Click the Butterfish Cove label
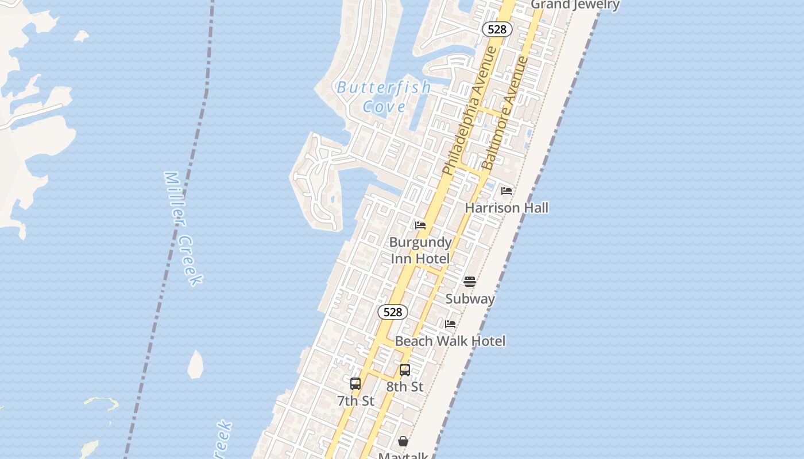click(384, 96)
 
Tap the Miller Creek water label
click(183, 228)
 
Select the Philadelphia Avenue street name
click(470, 111)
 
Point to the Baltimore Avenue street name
click(505, 112)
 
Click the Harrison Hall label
click(507, 208)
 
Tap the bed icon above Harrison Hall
click(507, 191)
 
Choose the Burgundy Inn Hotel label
click(420, 250)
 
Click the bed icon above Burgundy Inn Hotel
click(420, 225)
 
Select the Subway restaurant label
click(470, 298)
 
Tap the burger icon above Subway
click(470, 281)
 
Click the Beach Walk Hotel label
click(450, 341)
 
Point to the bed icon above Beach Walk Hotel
click(450, 324)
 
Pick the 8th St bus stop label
click(405, 387)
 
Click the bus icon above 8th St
click(405, 370)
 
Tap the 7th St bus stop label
click(355, 401)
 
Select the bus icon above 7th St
click(355, 384)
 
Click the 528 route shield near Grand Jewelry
click(497, 29)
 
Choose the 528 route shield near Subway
click(393, 312)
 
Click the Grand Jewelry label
click(575, 5)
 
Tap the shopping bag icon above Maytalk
click(403, 441)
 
